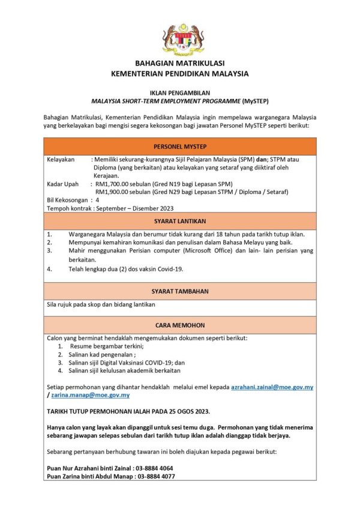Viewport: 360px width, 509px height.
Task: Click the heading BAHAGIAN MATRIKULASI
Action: [x=179, y=65]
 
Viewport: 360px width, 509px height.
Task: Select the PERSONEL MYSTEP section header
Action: [x=179, y=147]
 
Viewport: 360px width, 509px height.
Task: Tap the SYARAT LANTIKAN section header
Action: [x=179, y=221]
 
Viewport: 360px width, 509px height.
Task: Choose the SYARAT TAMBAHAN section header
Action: [x=179, y=291]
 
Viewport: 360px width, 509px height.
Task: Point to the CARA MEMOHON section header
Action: [x=179, y=325]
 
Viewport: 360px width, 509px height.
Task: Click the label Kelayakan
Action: [x=61, y=160]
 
